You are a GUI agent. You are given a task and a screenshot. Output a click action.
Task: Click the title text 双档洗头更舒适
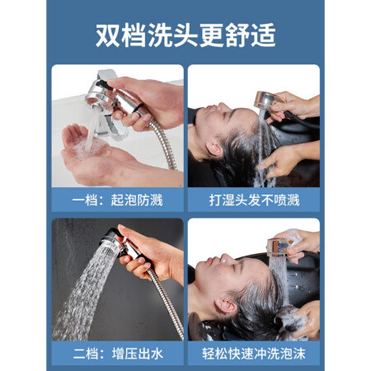pyautogui.click(x=185, y=35)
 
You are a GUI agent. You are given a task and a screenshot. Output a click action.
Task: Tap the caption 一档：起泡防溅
pyautogui.click(x=118, y=200)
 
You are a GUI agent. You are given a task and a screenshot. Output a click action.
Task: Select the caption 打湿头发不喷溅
pyautogui.click(x=254, y=200)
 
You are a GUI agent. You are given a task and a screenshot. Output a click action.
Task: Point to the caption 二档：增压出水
pyautogui.click(x=118, y=354)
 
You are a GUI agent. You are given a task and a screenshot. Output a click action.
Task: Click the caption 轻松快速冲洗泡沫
pyautogui.click(x=254, y=354)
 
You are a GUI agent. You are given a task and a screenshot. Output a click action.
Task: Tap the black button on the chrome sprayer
pyautogui.click(x=104, y=85)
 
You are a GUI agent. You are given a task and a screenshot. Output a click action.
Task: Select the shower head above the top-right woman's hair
pyautogui.click(x=266, y=101)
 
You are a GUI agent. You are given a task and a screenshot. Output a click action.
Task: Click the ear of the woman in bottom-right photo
pyautogui.click(x=226, y=304)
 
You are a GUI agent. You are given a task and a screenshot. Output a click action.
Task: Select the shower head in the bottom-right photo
pyautogui.click(x=279, y=247)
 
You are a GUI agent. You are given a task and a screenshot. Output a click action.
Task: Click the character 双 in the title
pyautogui.click(x=108, y=35)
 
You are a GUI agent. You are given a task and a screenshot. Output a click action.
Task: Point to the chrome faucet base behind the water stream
pyautogui.click(x=109, y=125)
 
